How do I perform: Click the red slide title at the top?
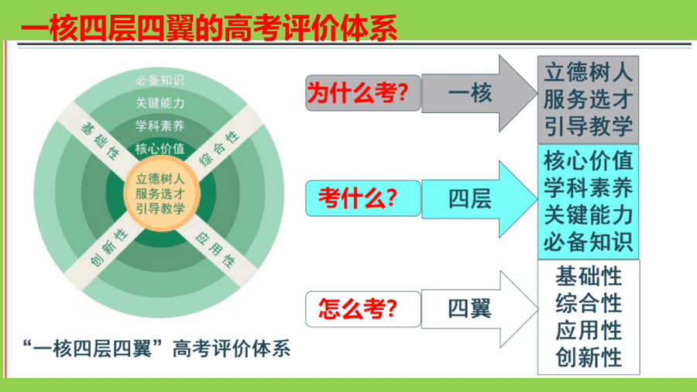pyautogui.click(x=209, y=28)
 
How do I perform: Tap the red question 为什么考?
pyautogui.click(x=358, y=93)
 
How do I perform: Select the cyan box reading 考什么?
pyautogui.click(x=363, y=198)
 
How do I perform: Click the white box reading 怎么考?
pyautogui.click(x=363, y=309)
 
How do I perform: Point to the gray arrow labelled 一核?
pyautogui.click(x=479, y=93)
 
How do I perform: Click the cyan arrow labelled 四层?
pyautogui.click(x=479, y=198)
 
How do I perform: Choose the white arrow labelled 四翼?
pyautogui.click(x=479, y=309)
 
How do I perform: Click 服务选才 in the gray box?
pyautogui.click(x=588, y=99)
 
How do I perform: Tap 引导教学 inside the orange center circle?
pyautogui.click(x=160, y=208)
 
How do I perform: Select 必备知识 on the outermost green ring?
pyautogui.click(x=160, y=80)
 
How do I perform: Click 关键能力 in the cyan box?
pyautogui.click(x=588, y=215)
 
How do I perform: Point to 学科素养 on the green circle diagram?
pyautogui.click(x=160, y=126)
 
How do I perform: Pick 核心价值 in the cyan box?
pyautogui.click(x=588, y=161)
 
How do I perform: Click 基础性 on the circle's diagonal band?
pyautogui.click(x=100, y=141)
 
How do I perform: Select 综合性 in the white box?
pyautogui.click(x=589, y=304)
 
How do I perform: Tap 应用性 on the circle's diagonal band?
pyautogui.click(x=215, y=249)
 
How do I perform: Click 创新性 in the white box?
pyautogui.click(x=589, y=358)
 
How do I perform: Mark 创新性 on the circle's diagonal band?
pyautogui.click(x=109, y=248)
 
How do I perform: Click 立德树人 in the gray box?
pyautogui.click(x=588, y=72)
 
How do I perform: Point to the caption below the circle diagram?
pyautogui.click(x=156, y=349)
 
